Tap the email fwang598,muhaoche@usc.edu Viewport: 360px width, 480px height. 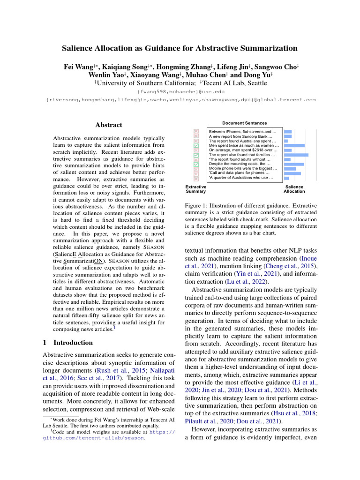click(180, 91)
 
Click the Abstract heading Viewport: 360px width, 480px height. click(109, 125)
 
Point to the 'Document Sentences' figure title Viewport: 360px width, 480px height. click(245, 123)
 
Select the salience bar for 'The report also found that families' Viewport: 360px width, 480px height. click(296, 155)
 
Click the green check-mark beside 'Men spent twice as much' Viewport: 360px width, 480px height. click(196, 146)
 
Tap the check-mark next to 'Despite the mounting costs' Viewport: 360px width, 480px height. click(196, 164)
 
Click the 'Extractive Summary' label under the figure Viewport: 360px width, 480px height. click(196, 189)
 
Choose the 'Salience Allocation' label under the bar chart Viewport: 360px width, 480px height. click(294, 189)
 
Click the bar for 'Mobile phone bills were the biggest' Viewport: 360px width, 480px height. click(290, 169)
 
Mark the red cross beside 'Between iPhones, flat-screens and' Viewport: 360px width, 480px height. click(196, 132)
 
